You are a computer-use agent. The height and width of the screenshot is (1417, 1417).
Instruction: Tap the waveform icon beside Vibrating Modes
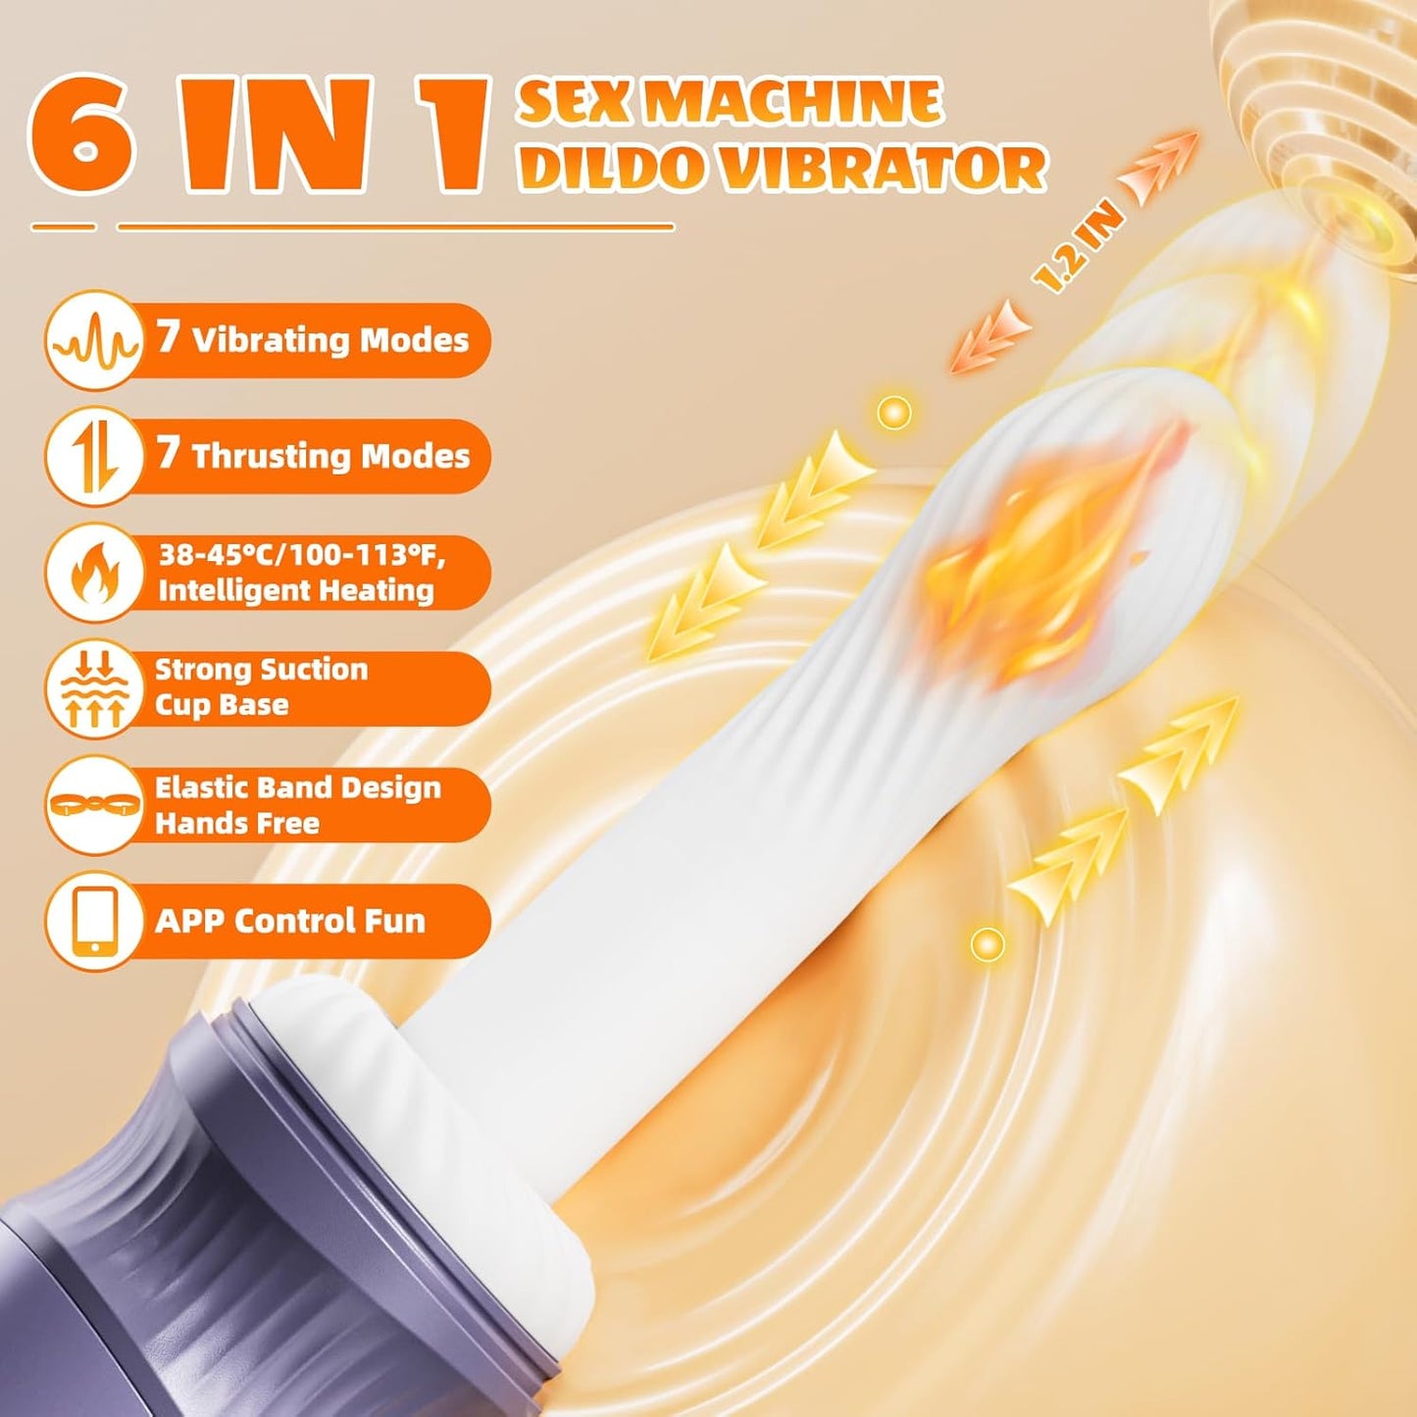point(94,340)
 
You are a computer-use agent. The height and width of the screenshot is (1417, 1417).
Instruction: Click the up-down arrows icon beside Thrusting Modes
point(94,456)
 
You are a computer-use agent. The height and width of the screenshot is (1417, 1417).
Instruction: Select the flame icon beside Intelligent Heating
point(94,572)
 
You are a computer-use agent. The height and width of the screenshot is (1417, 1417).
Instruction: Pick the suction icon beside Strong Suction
point(94,687)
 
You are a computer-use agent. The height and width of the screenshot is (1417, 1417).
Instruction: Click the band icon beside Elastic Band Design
point(94,804)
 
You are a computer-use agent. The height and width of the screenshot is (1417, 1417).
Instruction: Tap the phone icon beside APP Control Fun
point(94,920)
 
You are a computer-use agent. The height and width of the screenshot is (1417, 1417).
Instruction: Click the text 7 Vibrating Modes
point(313,339)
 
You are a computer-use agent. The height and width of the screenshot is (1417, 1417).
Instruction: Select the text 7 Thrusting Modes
point(313,455)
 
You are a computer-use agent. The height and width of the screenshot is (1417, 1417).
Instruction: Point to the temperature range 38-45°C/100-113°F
point(302,555)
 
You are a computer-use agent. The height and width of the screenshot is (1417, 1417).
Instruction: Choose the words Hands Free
point(236,823)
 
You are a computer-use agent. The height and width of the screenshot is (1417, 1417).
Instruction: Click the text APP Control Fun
point(290,921)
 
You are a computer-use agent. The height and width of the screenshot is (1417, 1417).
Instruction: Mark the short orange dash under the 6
point(63,228)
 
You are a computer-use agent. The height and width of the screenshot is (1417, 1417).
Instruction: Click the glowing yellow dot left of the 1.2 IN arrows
point(892,413)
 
